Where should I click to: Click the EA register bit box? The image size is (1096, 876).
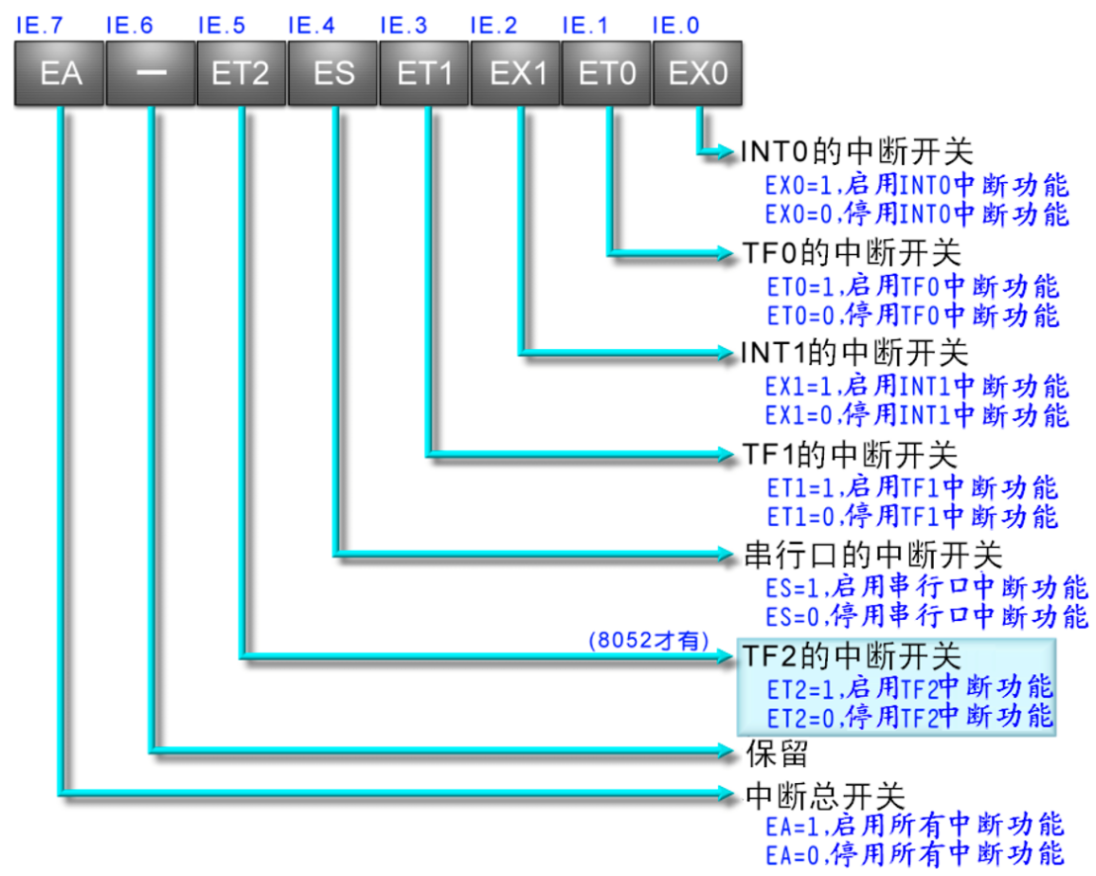(x=59, y=73)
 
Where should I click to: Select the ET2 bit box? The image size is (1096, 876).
(x=240, y=73)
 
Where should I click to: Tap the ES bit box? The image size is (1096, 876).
(x=333, y=73)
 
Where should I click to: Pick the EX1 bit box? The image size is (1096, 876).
(x=516, y=73)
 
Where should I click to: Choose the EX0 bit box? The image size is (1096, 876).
(x=697, y=73)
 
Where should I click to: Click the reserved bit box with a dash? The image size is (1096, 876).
(x=150, y=73)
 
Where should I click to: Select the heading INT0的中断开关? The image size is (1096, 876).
(x=857, y=151)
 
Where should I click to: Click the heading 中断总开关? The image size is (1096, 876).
(x=824, y=793)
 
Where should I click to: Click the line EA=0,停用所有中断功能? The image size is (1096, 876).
(x=914, y=853)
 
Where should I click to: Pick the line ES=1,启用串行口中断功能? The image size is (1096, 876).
(x=927, y=587)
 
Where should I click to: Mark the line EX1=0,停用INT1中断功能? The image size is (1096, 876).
(x=917, y=414)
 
